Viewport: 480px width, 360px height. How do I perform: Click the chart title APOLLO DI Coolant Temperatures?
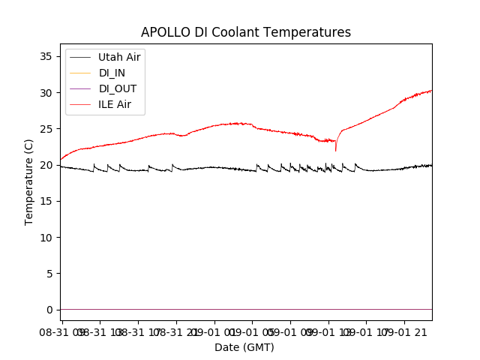[246, 32]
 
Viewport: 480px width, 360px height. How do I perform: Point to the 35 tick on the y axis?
[46, 56]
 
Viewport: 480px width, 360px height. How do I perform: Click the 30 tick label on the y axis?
[46, 93]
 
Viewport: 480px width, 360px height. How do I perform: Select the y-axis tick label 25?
[46, 129]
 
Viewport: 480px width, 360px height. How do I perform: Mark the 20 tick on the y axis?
[46, 165]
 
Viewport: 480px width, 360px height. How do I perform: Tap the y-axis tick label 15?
[46, 201]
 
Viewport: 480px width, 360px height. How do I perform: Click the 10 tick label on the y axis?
[46, 237]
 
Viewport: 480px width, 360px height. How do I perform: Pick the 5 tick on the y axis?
[49, 274]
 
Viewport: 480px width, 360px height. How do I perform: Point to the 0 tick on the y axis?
[49, 310]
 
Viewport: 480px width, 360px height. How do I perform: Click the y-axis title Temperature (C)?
[29, 181]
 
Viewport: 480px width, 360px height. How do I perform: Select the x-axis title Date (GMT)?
[244, 347]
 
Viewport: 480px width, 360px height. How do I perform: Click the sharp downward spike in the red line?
[336, 150]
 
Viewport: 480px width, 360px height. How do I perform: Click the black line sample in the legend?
[79, 57]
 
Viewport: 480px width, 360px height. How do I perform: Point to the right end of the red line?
[431, 90]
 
